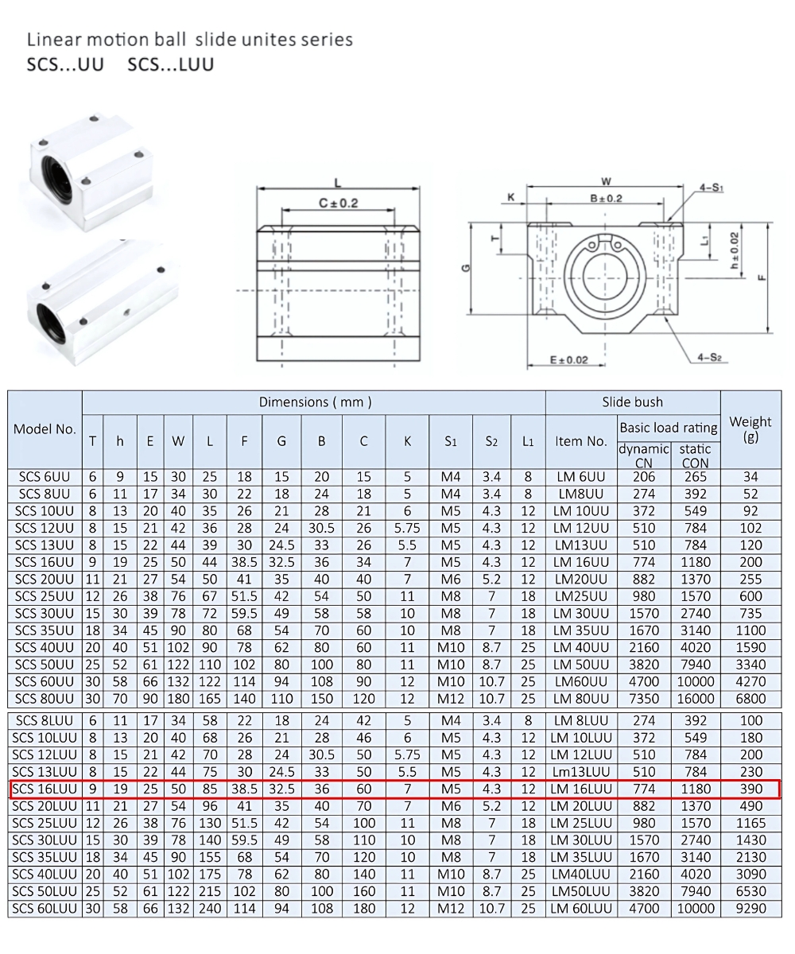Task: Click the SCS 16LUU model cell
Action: (45, 789)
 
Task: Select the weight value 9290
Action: (750, 909)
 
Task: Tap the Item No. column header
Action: (581, 441)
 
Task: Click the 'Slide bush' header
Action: (632, 402)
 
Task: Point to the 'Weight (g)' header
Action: (750, 429)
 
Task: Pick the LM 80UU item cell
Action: (581, 699)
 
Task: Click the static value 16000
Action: (695, 699)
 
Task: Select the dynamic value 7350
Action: (643, 699)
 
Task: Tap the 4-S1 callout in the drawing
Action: (711, 188)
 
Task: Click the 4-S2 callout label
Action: (709, 358)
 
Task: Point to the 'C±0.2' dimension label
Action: (339, 204)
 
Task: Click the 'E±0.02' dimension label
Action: (569, 360)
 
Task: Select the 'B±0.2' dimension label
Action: (606, 199)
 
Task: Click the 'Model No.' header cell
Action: (45, 429)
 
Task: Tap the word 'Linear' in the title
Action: (54, 39)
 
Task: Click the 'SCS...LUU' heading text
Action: (170, 64)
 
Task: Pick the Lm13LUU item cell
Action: (581, 772)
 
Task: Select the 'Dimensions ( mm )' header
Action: (315, 402)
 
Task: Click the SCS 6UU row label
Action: (45, 477)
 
